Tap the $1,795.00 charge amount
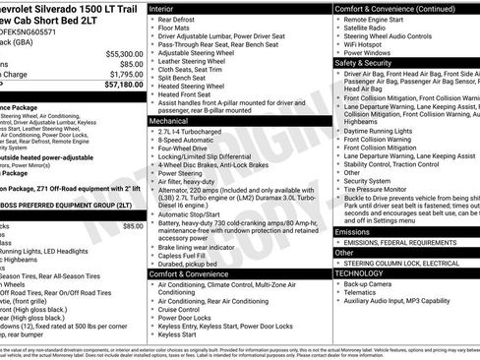pos(126,74)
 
